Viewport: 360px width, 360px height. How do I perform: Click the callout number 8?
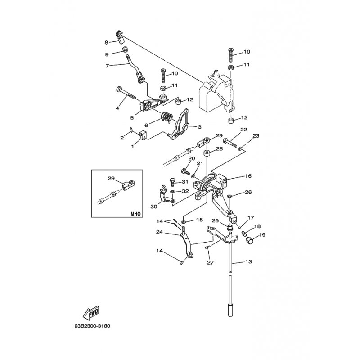107,43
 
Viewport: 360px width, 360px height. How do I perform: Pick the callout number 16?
248,176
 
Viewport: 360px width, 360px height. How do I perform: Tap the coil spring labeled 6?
167,118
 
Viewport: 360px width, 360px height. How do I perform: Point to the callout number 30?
153,207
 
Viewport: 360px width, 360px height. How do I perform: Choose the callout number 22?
243,130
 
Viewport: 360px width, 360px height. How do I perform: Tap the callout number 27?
209,262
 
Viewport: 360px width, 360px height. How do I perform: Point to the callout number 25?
215,220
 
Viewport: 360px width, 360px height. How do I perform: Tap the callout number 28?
219,148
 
